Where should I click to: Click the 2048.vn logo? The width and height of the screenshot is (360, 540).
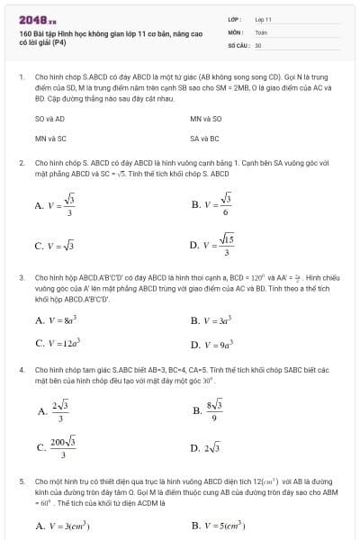(37, 19)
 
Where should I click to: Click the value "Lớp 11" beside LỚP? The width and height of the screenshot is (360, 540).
(263, 18)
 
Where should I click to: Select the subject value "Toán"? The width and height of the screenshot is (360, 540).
(262, 31)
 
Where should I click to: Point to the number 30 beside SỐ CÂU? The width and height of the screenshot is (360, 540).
(258, 44)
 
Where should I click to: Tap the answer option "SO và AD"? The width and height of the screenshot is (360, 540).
(48, 119)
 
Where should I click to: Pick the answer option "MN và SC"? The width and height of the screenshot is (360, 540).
(50, 139)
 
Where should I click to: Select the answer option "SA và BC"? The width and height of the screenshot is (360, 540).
(202, 139)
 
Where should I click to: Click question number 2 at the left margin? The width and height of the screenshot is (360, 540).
(22, 163)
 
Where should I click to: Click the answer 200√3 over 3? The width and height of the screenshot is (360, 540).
(56, 446)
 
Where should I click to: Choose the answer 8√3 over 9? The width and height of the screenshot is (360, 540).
(212, 411)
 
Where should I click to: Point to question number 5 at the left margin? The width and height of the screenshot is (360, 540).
(22, 481)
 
